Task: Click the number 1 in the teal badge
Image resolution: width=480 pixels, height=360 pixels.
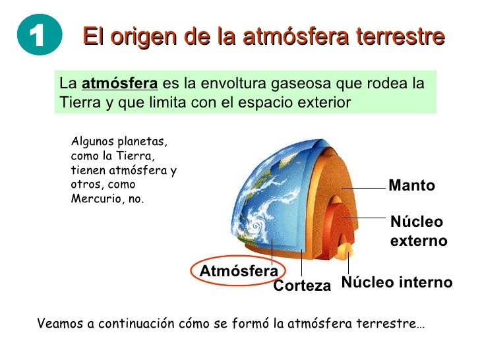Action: tap(39, 38)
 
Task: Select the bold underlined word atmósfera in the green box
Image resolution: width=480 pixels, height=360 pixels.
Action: tap(119, 84)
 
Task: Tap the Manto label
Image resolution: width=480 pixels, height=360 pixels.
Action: tap(412, 186)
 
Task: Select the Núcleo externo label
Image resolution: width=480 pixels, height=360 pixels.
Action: tap(418, 231)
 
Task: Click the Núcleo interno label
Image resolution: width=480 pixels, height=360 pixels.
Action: tap(397, 283)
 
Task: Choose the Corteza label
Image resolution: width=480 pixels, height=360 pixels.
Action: tap(302, 285)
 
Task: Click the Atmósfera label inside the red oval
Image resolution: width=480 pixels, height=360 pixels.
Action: tap(239, 272)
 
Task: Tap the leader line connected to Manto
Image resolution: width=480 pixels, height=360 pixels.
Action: tap(363, 187)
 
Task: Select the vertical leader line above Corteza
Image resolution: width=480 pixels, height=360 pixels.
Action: tap(301, 264)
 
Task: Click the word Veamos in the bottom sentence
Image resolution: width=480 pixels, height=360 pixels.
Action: tap(57, 324)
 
